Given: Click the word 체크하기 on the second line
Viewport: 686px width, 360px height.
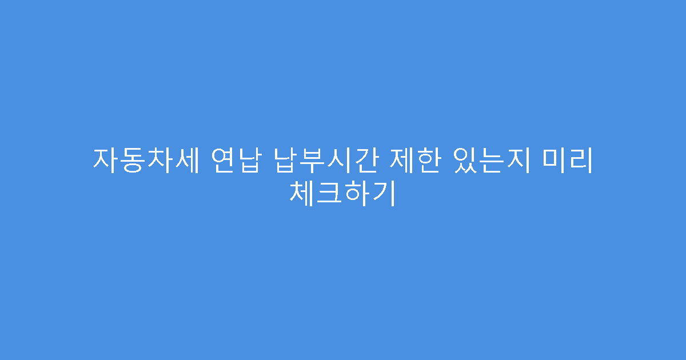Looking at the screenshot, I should click(343, 193).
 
